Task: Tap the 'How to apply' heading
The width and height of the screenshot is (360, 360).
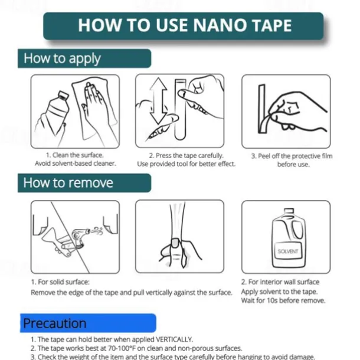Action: tap(62, 58)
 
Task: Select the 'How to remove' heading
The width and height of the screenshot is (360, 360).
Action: tap(68, 183)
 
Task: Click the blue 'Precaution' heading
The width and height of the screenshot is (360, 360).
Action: tap(55, 323)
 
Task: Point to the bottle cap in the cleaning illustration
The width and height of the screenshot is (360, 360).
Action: tap(63, 95)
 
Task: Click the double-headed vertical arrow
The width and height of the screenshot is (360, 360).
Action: tap(158, 100)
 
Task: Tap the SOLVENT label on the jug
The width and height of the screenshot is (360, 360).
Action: tap(287, 251)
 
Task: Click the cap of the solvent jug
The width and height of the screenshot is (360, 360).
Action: tap(289, 211)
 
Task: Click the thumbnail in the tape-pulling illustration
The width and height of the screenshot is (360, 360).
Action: tap(175, 243)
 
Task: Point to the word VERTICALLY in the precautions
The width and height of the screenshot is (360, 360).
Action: tap(174, 339)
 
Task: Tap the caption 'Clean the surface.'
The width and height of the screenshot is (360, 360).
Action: tap(75, 155)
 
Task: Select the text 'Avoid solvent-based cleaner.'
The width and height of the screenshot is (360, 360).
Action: tap(76, 163)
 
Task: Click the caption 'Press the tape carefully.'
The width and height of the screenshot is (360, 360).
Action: tap(186, 156)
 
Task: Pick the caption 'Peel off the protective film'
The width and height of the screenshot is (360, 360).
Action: tap(292, 156)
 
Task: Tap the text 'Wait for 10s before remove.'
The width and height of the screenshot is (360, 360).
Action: tap(283, 300)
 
